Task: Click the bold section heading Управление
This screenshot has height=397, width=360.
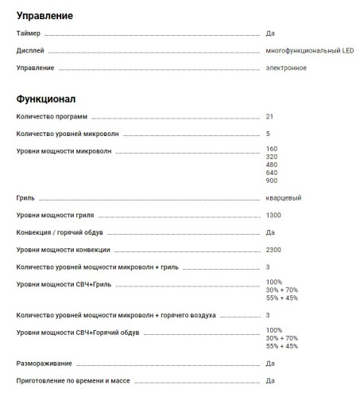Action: click(x=45, y=15)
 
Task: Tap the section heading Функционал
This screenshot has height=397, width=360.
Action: click(x=46, y=99)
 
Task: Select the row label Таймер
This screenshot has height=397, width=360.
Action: click(x=28, y=34)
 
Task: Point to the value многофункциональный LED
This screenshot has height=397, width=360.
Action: click(x=310, y=51)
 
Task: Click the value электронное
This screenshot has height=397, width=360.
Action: click(x=286, y=68)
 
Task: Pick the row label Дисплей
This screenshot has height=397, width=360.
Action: click(x=30, y=51)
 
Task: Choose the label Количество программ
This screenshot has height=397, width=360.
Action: click(x=52, y=116)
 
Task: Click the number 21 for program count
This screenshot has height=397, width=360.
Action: click(x=270, y=116)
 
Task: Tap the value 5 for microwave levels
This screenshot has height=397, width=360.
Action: click(x=269, y=133)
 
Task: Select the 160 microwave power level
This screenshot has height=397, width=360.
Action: click(x=272, y=149)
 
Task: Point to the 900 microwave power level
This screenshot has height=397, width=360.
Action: click(x=272, y=181)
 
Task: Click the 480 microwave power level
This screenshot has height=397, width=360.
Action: click(x=272, y=165)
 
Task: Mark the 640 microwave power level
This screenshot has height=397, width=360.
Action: click(x=272, y=173)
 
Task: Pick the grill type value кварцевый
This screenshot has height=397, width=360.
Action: click(x=284, y=198)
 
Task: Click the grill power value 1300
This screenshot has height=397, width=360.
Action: click(x=273, y=215)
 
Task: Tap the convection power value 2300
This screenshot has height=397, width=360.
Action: click(x=273, y=249)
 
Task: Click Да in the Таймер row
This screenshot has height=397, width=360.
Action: click(x=270, y=34)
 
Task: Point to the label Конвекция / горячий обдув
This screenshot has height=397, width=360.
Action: click(x=60, y=232)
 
